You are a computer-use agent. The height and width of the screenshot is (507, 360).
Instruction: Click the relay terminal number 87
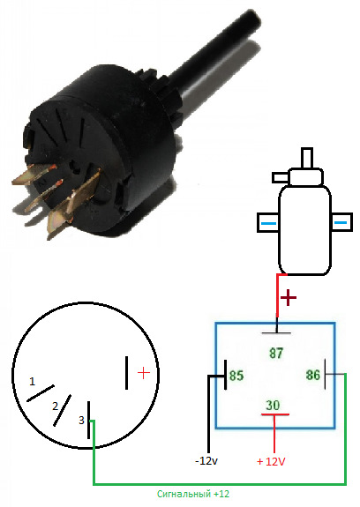276,353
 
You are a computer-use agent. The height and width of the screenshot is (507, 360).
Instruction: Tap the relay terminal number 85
236,376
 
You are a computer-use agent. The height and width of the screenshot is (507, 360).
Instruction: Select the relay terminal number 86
312,375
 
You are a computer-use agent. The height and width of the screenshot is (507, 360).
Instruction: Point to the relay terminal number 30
273,405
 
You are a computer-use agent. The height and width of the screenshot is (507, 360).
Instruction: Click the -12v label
206,460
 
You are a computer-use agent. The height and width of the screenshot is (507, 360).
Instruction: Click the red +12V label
271,461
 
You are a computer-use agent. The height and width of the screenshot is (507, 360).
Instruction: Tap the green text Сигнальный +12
193,494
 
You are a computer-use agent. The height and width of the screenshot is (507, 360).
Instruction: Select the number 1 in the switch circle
32,382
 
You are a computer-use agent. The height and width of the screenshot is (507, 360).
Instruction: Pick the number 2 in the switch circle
56,406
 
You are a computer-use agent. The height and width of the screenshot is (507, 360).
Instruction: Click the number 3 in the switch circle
81,420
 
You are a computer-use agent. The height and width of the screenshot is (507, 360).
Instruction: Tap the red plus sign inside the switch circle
144,373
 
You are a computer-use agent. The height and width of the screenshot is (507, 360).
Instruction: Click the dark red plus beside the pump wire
288,297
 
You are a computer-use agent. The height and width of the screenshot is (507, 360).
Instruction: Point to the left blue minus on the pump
268,223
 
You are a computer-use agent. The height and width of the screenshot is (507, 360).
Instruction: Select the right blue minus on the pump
341,222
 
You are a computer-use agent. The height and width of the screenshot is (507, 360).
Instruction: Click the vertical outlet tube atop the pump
307,158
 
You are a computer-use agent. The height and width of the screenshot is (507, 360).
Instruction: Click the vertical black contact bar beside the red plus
126,373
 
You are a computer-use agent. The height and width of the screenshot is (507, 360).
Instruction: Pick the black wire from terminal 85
208,414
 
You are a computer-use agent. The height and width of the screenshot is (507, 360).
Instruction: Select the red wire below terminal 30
274,434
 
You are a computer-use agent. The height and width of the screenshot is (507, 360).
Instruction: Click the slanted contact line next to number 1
41,393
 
